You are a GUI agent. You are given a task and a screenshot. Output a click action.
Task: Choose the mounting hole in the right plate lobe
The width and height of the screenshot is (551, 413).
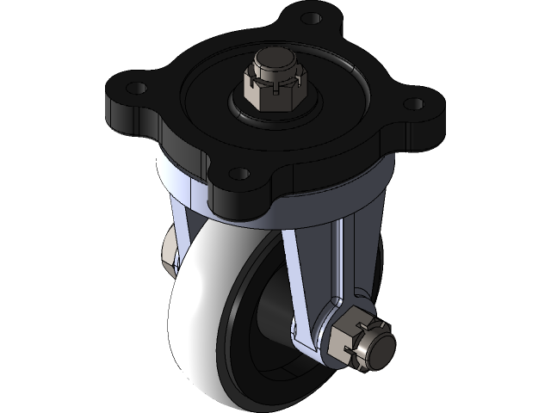pyautogui.click(x=413, y=104)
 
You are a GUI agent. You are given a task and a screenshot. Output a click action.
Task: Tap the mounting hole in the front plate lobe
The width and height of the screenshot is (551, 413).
pyautogui.click(x=240, y=175)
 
